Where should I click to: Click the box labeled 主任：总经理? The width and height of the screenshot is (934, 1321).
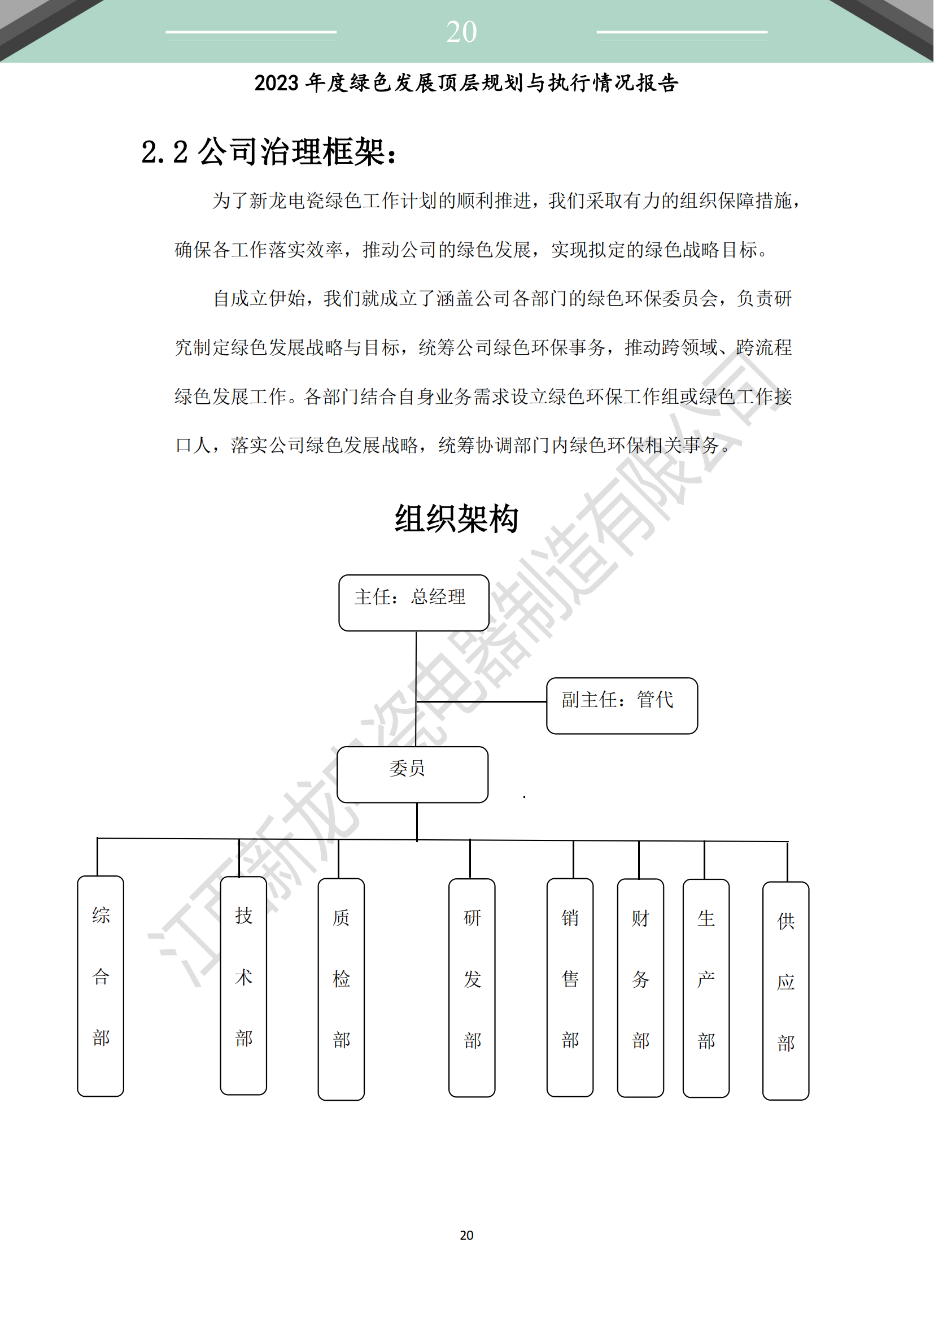coord(414,603)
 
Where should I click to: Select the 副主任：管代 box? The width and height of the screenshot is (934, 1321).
coord(622,705)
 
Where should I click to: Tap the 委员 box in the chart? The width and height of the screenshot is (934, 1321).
coord(412,774)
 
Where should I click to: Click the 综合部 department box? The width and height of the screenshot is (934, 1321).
coord(101,986)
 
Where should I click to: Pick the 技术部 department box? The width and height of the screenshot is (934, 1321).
coord(243,985)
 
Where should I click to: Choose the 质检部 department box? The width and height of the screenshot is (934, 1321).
coord(341,989)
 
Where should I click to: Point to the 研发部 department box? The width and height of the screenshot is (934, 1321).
coord(472,987)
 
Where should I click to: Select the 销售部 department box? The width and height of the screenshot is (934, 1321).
coord(570,987)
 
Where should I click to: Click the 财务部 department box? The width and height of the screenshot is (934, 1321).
coord(640,988)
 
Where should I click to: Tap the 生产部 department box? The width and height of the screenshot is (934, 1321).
coord(706,988)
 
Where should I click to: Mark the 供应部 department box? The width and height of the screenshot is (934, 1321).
coord(785,991)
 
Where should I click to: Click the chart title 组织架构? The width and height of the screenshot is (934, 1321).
coord(457,518)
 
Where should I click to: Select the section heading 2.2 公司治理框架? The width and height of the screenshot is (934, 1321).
coord(269,152)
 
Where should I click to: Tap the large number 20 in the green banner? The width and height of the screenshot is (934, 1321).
coord(461,32)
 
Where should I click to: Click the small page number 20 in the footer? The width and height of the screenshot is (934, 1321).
coord(466,1235)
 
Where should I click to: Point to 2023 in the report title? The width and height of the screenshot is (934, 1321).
coord(277,84)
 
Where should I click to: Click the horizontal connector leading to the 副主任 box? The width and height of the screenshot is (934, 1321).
coord(481,701)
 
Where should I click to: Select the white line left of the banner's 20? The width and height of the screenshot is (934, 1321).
coord(251,32)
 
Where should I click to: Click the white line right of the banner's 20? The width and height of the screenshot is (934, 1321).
coord(682,32)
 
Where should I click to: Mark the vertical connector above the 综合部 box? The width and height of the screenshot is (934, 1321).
coord(97,857)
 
